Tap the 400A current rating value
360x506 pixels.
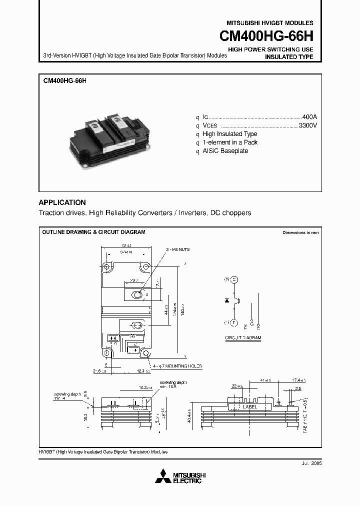click(309, 116)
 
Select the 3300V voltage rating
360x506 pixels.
click(307, 125)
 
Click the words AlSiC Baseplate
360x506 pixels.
click(225, 151)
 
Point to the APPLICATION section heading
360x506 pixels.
click(62, 202)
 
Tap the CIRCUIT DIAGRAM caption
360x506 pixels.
click(243, 338)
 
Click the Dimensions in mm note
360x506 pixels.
click(300, 233)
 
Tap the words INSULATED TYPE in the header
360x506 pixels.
click(288, 57)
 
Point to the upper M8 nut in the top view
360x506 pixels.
click(136, 295)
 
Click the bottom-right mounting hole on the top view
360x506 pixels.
click(146, 353)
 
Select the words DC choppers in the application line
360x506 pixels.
click(230, 213)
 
